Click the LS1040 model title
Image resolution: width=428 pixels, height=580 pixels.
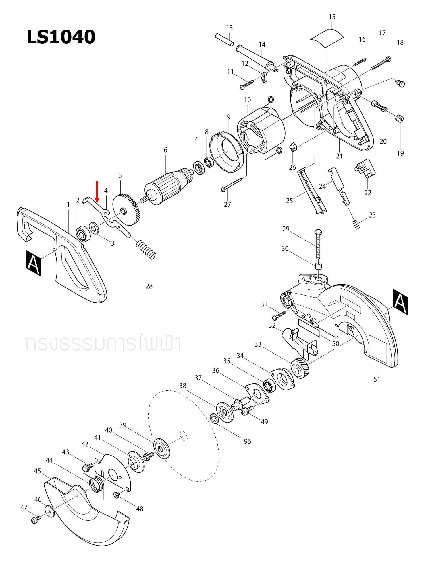[61, 37]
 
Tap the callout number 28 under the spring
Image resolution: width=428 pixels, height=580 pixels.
[149, 286]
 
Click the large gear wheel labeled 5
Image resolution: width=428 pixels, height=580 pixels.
[126, 210]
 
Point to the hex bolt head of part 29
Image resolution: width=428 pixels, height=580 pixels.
[318, 232]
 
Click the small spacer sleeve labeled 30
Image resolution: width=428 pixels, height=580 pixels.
[318, 265]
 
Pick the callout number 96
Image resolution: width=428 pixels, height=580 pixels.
[247, 441]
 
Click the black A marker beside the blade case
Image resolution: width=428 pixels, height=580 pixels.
[400, 302]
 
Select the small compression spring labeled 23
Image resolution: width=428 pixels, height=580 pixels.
[356, 224]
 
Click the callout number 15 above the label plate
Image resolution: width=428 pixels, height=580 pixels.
[332, 17]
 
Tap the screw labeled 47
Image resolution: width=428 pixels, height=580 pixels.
[35, 520]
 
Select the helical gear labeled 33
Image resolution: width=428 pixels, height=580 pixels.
[300, 368]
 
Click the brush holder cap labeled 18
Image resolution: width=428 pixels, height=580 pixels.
[400, 83]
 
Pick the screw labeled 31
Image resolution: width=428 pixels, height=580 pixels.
[279, 315]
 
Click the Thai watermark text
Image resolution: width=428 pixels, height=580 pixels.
[103, 343]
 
